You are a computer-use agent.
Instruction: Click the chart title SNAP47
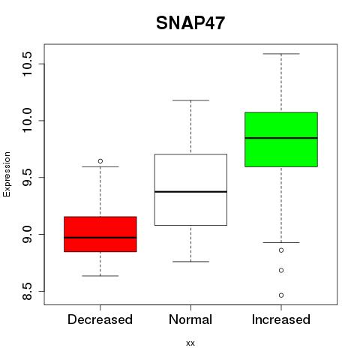tap(190, 23)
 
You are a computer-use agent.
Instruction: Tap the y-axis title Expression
tap(7, 174)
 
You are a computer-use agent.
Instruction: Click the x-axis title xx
tap(190, 343)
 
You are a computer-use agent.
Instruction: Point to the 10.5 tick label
tap(27, 64)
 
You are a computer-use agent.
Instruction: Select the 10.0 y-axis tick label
tap(27, 121)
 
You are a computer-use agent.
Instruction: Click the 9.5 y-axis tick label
tap(27, 178)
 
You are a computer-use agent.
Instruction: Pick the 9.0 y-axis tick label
tap(27, 234)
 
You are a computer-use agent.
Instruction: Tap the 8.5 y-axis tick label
tap(27, 291)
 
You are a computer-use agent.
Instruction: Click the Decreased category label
tap(100, 319)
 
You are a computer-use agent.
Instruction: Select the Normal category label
tap(190, 319)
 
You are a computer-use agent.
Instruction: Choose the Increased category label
tap(281, 319)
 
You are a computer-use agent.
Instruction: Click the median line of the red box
tap(100, 238)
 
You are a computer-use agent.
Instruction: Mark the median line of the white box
tap(190, 192)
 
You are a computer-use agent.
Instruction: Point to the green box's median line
tap(281, 138)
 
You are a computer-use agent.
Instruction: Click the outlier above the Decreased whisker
tap(100, 161)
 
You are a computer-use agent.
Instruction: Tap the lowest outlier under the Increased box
tap(281, 295)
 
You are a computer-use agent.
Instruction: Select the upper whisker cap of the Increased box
tap(281, 54)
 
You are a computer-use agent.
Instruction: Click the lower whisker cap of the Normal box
tap(190, 262)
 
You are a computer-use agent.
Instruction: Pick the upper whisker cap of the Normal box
tap(190, 100)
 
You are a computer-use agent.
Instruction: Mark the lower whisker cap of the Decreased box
tap(100, 276)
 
